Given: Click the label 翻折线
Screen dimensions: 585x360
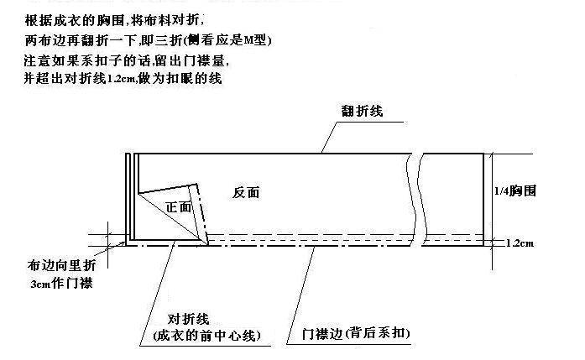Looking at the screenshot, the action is coord(362,111).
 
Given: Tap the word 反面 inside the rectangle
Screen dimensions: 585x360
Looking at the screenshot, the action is coord(246,192).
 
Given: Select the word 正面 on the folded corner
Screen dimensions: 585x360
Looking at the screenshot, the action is coord(178,207).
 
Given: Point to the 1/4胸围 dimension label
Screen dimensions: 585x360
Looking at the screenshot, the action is coord(515,190).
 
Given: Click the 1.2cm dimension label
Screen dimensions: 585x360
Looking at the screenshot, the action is coord(520,243).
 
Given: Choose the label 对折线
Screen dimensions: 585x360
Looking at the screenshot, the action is coord(188,320).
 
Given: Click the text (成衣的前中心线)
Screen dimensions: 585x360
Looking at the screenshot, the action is coord(206,336).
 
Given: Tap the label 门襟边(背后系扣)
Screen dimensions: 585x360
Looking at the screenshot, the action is coord(356,333).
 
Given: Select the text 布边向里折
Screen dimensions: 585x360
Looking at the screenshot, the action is coord(61,266).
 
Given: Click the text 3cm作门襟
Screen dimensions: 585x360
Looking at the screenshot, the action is coord(61,283).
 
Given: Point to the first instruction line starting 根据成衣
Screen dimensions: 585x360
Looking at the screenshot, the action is coord(114,20).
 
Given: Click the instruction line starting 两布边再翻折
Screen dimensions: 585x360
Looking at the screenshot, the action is coord(148,40).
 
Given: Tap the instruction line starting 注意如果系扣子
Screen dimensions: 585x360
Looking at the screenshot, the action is coord(127,60).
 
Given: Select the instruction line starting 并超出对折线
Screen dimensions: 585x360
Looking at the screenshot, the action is coord(123,78).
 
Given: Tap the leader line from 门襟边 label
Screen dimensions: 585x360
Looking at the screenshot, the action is coord(300,295).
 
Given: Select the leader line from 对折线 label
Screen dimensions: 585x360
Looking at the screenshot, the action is coord(157,294).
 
